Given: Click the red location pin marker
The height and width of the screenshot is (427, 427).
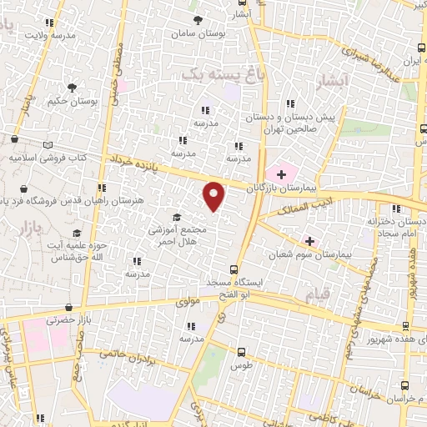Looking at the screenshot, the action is [x=214, y=196].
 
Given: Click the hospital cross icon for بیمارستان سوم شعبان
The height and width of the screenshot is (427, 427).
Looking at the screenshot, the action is [x=310, y=240].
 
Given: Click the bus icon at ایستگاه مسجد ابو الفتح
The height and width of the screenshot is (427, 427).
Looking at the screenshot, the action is [x=234, y=269].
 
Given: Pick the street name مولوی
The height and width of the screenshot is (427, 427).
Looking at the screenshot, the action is [x=188, y=301].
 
